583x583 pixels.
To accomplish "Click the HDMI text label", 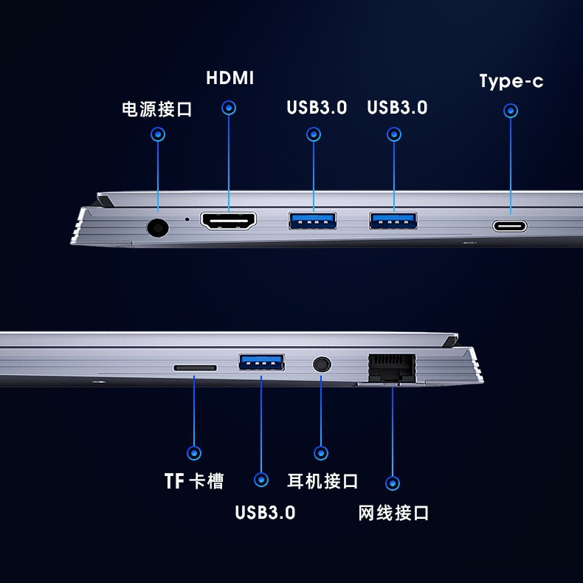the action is click(x=230, y=78).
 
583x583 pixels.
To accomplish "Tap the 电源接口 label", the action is click(x=157, y=109).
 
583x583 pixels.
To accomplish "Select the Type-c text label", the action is click(x=511, y=81).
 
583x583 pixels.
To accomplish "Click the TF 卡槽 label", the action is click(x=194, y=480).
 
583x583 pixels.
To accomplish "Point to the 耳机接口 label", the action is click(x=322, y=481).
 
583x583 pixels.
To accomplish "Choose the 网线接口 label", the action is click(x=393, y=513).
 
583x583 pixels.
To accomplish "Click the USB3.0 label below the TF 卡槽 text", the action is click(x=265, y=512).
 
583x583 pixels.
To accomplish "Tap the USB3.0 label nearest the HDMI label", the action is click(x=317, y=108).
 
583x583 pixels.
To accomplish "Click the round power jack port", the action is click(x=158, y=227).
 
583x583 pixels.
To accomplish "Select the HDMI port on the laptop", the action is click(x=228, y=221).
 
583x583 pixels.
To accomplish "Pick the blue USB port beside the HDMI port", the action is click(x=313, y=221).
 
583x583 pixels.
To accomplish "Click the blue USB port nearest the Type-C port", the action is click(x=393, y=221).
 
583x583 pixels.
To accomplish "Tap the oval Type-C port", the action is click(x=510, y=226).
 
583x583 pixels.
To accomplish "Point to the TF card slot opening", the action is click(x=196, y=368).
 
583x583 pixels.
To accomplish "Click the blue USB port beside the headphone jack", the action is click(x=262, y=362).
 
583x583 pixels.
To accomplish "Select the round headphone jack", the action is click(x=322, y=365).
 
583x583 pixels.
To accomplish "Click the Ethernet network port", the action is click(x=392, y=368).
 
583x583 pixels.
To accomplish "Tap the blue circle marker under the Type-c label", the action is click(x=511, y=111).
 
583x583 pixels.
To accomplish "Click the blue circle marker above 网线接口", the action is click(x=393, y=483).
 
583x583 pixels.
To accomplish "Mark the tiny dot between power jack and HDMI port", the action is click(x=187, y=219).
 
